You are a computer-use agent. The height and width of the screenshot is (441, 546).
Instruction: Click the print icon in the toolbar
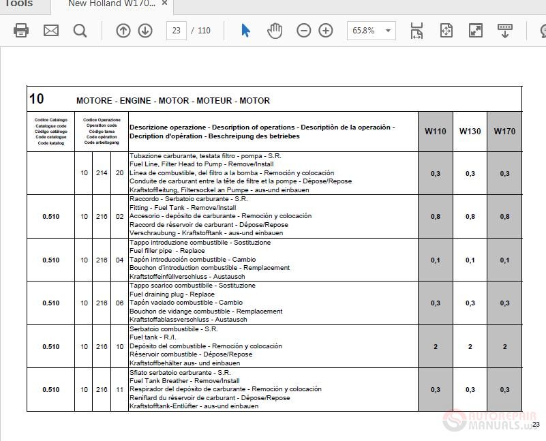[x=21, y=31]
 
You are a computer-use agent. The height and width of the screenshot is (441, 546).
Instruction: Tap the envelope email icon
[x=51, y=31]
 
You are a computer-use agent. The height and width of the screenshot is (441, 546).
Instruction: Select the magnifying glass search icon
[x=80, y=31]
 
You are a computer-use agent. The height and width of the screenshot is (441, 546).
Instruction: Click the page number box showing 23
[x=176, y=31]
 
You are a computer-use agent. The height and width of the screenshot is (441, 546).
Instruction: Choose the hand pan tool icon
[x=275, y=31]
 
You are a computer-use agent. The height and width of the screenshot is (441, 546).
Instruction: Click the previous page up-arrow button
[x=123, y=31]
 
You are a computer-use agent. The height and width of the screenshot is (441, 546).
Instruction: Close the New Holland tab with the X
[x=165, y=3]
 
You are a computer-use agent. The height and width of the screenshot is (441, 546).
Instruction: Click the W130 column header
[x=470, y=131]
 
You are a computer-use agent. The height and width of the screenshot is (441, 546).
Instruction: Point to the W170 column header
[x=504, y=131]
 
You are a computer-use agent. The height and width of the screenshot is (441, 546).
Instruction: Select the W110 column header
[x=435, y=131]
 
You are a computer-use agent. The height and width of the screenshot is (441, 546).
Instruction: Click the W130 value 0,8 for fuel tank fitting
[x=470, y=217]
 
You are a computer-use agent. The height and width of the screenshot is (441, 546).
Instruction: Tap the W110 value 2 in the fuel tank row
[x=435, y=346]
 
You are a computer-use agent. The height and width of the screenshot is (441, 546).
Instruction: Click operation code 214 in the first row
[x=102, y=173]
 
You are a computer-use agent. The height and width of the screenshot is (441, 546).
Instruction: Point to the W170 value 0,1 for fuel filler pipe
[x=504, y=260]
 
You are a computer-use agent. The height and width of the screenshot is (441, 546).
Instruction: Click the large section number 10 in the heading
[x=36, y=99]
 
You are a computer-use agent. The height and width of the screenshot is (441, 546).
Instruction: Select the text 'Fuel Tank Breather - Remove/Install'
[x=184, y=381]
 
